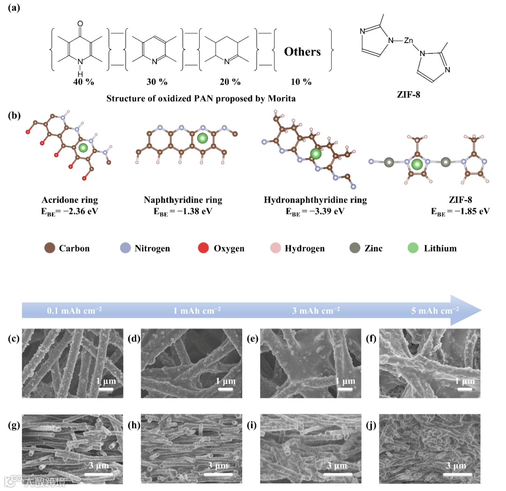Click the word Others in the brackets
302,51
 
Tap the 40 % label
83,82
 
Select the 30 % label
156,82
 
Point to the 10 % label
300,82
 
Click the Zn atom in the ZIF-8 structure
409,41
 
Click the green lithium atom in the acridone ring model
83,148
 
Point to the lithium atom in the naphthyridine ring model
202,138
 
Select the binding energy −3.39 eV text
315,211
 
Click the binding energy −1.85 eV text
461,211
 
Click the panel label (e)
253,339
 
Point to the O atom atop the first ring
80,22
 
